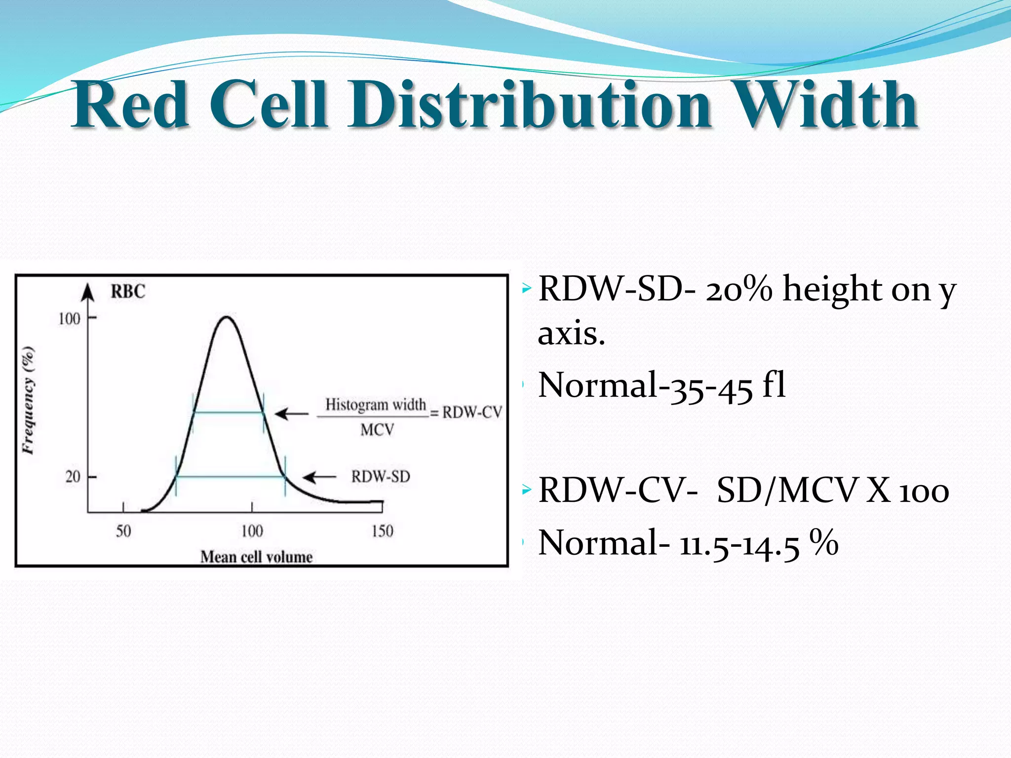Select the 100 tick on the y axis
[70, 319]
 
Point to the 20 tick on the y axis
[73, 477]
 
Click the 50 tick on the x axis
[123, 531]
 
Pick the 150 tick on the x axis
[383, 531]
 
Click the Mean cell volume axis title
[256, 557]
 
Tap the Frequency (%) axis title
[29, 400]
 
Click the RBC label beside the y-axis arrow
[128, 292]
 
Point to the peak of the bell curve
[226, 317]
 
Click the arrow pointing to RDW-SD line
[319, 477]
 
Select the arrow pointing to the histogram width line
[291, 413]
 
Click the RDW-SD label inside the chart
[381, 477]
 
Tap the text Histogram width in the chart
[375, 405]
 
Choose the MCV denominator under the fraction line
[377, 430]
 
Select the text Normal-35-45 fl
[661, 385]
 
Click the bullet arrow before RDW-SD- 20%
[527, 287]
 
